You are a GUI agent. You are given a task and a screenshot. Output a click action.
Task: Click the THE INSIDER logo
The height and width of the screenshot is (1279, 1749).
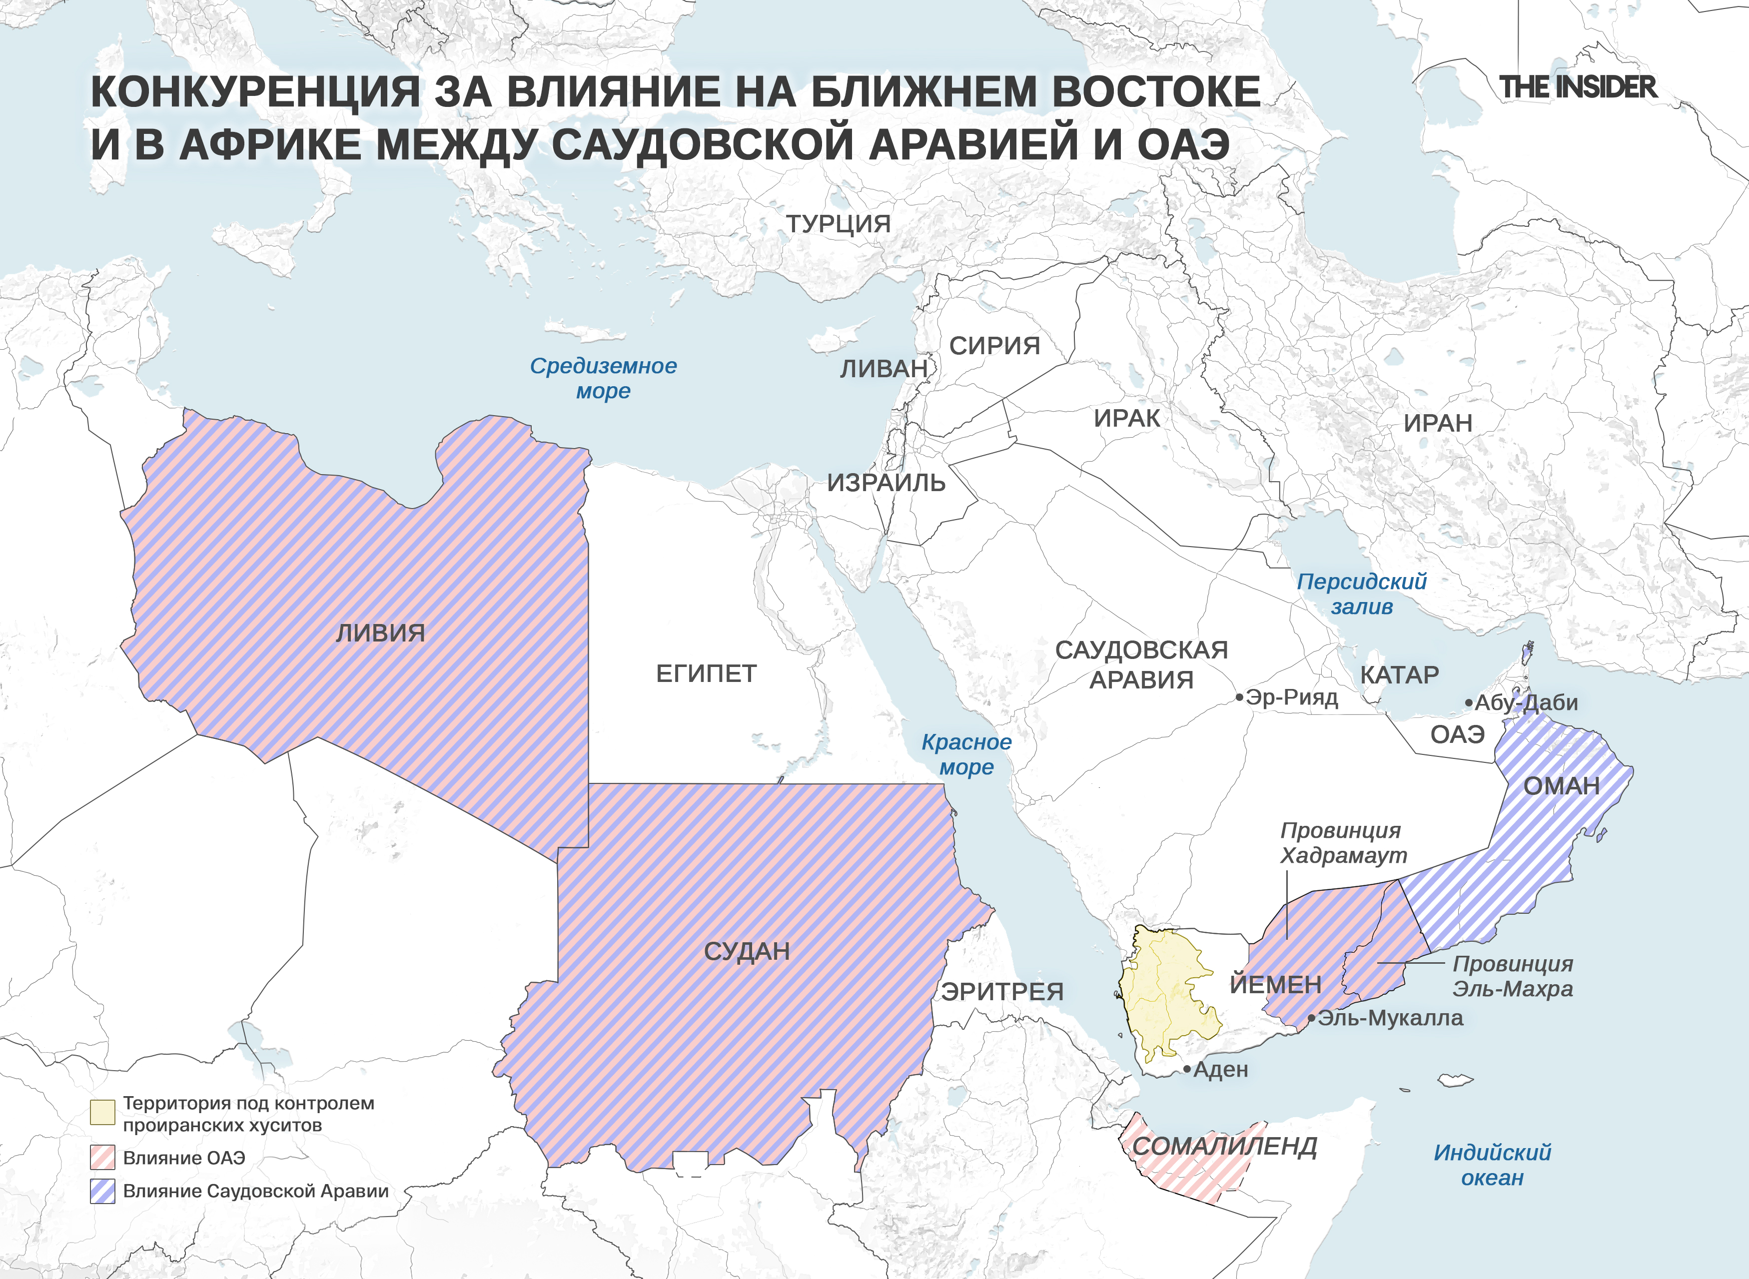point(1578,87)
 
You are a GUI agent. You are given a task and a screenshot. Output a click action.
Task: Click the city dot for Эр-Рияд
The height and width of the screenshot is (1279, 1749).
point(1240,697)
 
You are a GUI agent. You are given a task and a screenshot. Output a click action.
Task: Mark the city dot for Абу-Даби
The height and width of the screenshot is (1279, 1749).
point(1469,703)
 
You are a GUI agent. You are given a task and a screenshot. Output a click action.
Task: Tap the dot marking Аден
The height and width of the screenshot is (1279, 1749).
point(1187,1069)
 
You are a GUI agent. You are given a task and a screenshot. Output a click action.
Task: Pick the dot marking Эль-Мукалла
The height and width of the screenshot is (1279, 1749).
point(1312,1018)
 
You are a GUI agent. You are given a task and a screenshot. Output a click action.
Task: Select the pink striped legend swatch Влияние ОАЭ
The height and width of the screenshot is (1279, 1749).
point(102,1158)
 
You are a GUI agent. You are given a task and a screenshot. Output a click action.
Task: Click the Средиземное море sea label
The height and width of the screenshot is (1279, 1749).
point(603,378)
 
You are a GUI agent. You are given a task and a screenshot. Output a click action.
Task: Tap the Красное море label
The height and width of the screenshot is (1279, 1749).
point(966,754)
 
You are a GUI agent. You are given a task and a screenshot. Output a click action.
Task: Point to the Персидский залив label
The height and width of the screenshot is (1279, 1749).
point(1361,594)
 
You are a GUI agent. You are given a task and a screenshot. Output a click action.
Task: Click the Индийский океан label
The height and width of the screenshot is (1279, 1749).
point(1492,1165)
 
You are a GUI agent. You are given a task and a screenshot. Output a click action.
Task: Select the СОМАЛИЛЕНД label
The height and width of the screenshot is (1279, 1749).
point(1224,1146)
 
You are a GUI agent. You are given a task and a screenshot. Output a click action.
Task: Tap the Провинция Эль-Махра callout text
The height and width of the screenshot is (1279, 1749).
point(1512,976)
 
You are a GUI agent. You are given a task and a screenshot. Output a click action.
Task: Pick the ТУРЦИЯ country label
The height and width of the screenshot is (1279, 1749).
point(839,224)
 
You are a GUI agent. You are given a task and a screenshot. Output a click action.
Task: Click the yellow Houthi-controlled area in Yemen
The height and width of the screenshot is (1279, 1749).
point(1165,991)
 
